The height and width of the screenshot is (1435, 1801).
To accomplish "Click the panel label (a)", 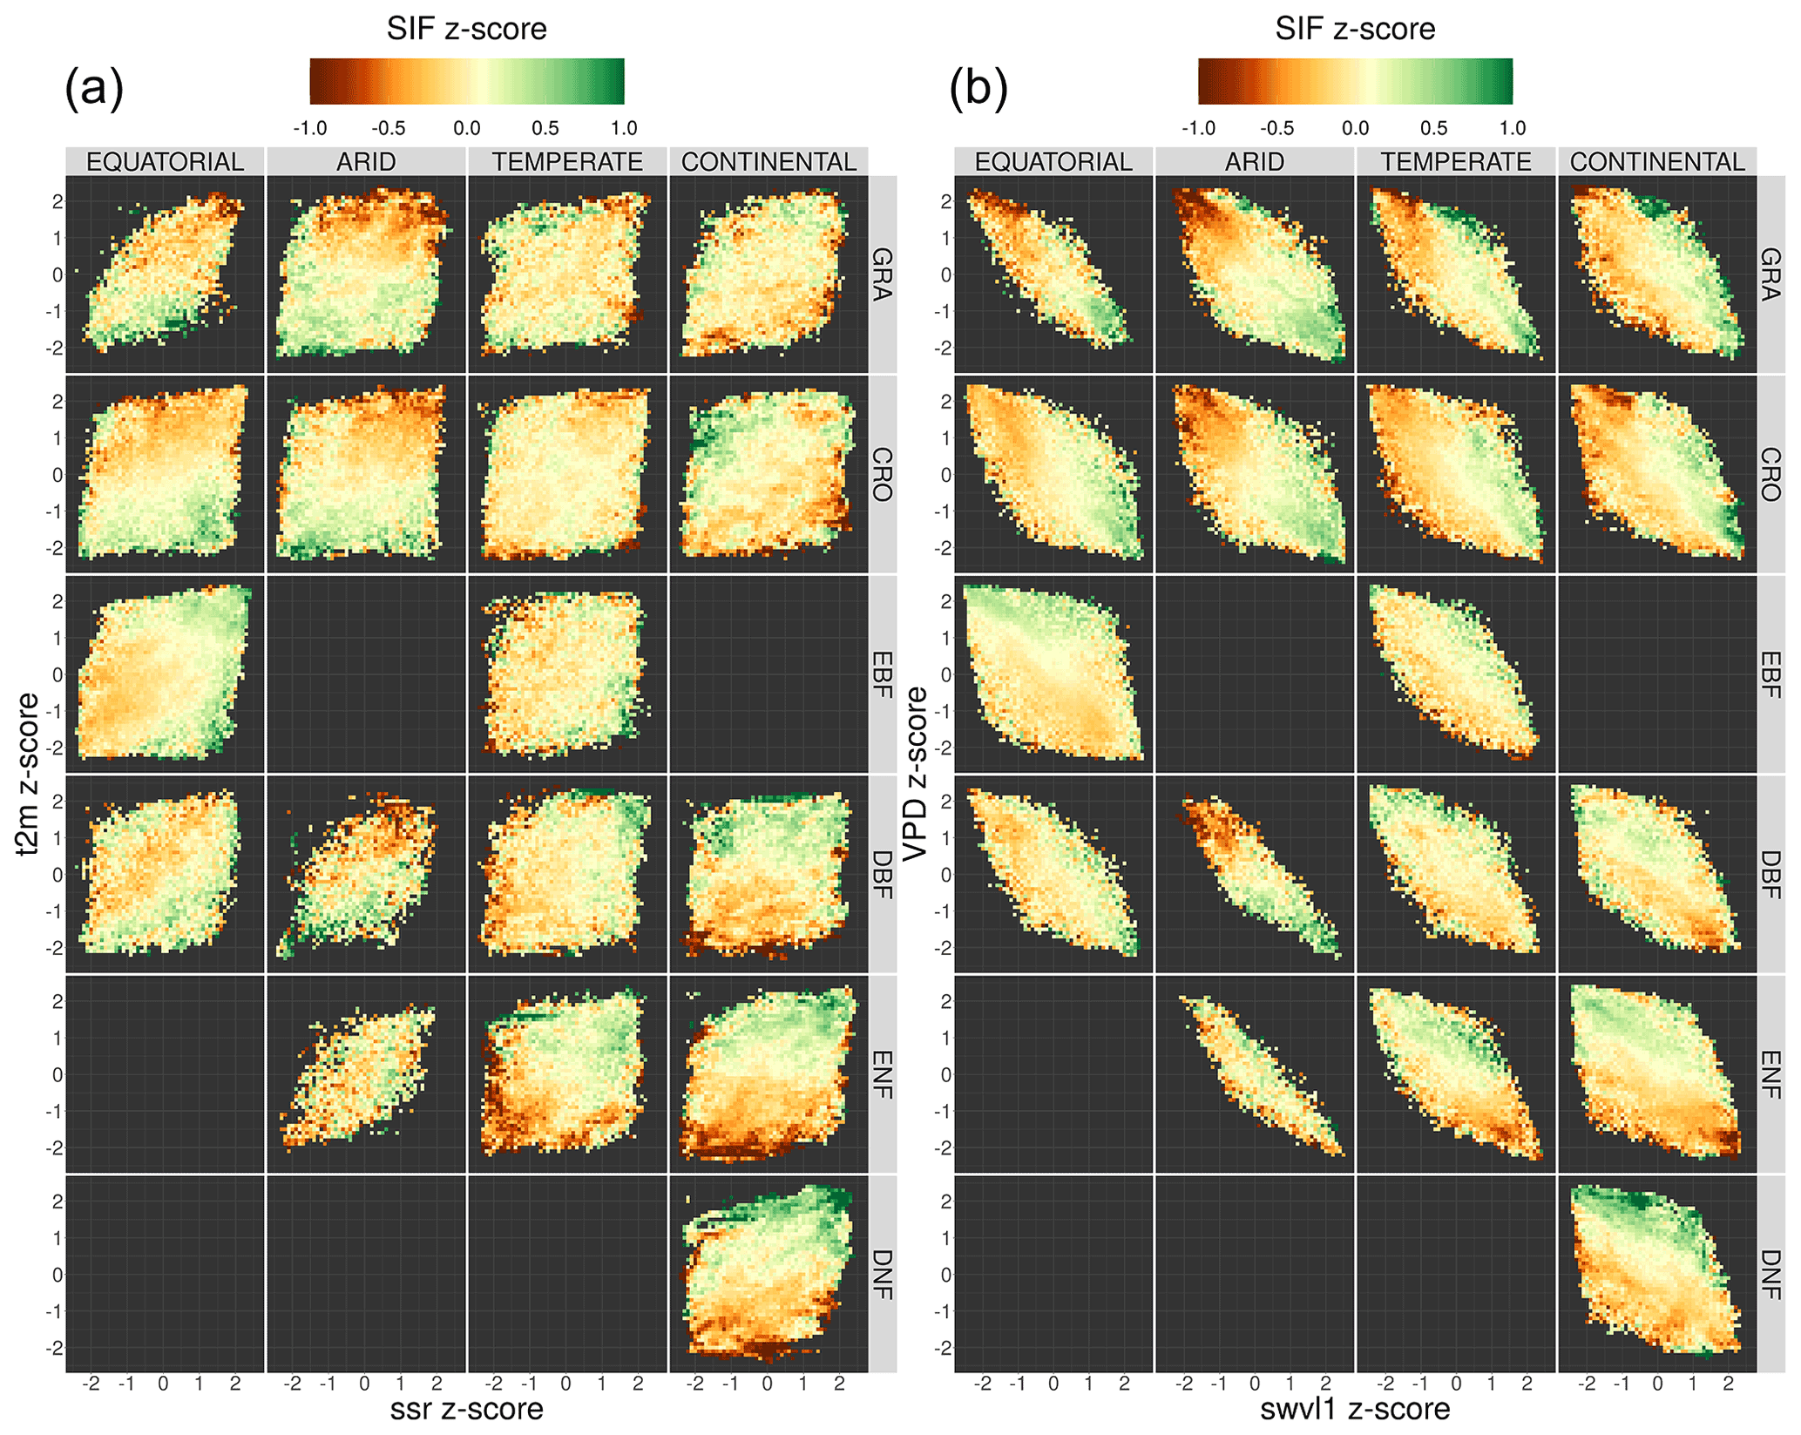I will (94, 87).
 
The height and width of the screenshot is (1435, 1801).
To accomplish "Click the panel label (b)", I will (978, 87).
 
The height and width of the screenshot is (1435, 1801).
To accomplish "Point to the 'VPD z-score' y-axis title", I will (916, 774).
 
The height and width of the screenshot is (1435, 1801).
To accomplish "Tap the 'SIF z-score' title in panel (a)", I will (466, 29).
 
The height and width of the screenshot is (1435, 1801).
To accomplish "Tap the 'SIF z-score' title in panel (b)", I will (1355, 29).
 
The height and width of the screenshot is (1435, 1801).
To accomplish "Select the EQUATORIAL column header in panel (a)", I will (165, 162).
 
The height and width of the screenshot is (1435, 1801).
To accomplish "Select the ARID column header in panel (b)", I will (1255, 162).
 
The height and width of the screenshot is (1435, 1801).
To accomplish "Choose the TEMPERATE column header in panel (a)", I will (567, 162).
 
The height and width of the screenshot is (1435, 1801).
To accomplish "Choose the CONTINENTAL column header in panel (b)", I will (1657, 162).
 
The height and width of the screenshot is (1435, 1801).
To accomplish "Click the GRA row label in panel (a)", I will (882, 274).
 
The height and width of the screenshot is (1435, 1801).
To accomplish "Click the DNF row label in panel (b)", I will (1771, 1275).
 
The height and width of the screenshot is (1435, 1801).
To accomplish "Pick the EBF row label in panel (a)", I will (882, 674).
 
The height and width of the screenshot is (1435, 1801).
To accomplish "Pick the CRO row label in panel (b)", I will (1771, 475).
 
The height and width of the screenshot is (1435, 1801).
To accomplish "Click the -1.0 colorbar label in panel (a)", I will (309, 129).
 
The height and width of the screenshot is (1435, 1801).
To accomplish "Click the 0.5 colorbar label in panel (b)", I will (1433, 129).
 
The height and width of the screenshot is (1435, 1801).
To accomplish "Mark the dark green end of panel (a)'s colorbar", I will (616, 82).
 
